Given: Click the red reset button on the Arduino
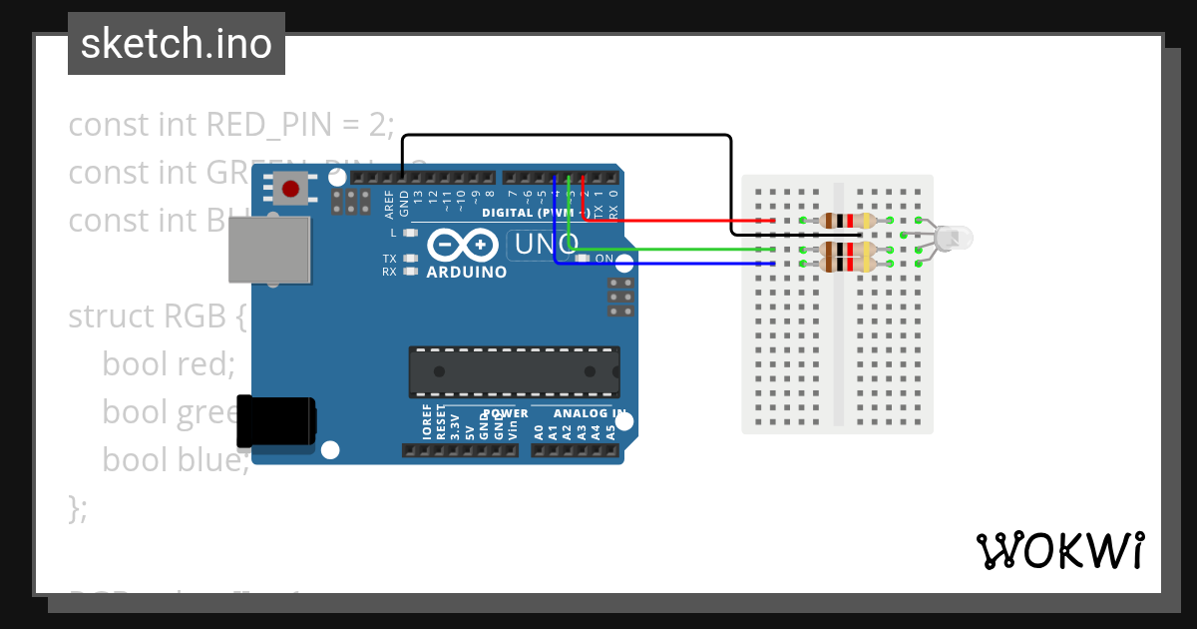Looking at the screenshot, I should coord(291,188).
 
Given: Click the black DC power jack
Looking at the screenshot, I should coord(275,421).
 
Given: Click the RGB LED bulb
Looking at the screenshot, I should coord(956,238).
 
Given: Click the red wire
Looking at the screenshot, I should coord(678,221).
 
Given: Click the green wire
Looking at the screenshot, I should coord(678,250).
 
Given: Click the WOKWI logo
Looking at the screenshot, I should coord(1059,550).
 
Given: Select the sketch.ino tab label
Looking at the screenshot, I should coord(177,44).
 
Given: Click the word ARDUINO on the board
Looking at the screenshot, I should coord(466,272).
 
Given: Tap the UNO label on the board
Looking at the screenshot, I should coord(543,244).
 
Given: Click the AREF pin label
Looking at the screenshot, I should coord(390,204).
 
